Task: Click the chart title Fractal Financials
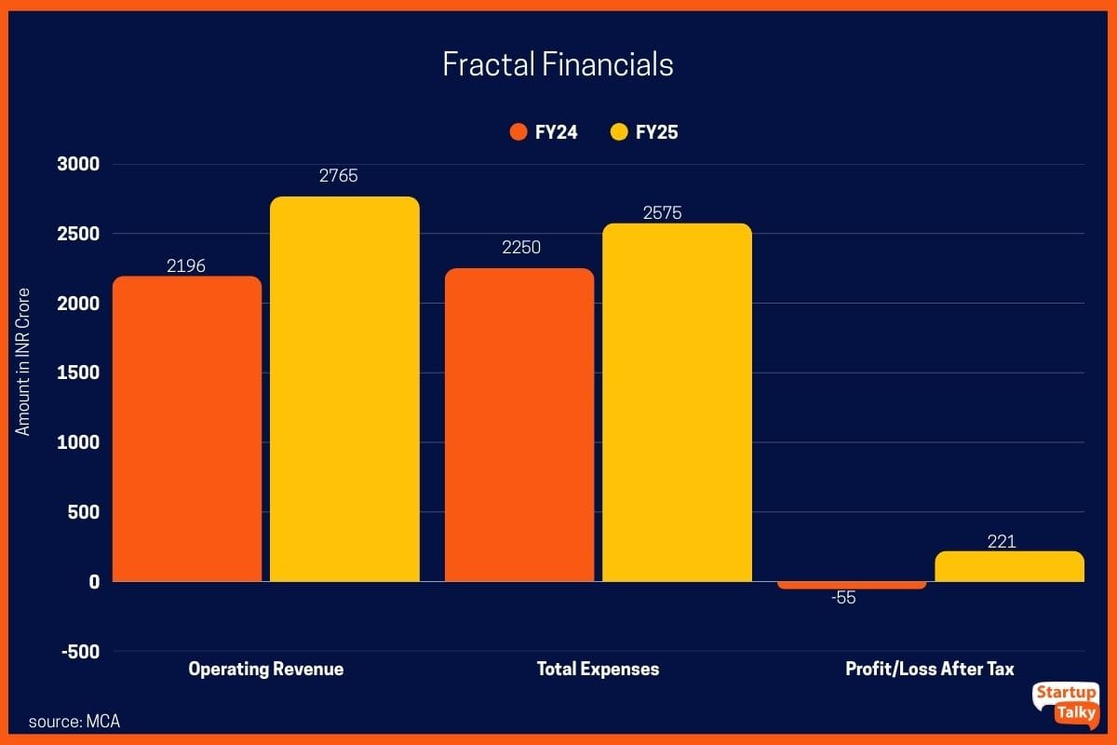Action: [558, 64]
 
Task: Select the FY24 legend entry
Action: [545, 132]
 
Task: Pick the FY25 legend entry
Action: [644, 132]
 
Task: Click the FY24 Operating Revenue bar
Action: [187, 428]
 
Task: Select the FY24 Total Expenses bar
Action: [519, 425]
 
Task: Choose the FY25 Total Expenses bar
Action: [677, 402]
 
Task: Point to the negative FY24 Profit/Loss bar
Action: [853, 585]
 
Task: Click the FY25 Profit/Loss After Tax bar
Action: [1010, 566]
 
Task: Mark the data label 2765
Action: [338, 176]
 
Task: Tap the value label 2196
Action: [186, 266]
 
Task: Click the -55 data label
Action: [843, 598]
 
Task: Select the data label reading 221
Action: [1002, 541]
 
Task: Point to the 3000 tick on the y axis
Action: [80, 165]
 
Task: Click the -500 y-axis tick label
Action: [80, 651]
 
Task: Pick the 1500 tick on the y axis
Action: [80, 372]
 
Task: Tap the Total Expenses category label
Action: [598, 669]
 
